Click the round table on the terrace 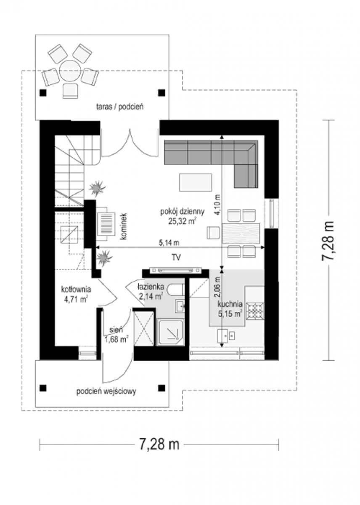70,70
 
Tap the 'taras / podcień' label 119,107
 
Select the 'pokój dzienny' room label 182,212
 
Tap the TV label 176,258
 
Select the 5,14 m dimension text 169,242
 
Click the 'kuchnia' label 230,304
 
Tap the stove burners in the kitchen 255,311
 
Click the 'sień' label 116,330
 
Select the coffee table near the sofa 196,182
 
